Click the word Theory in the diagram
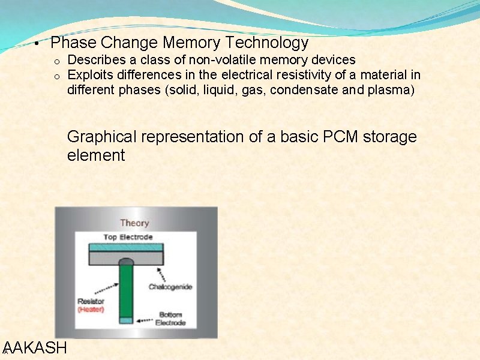134,223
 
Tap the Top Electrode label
128,237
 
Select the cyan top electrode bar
126,247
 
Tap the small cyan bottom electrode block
126,320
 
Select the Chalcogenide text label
170,287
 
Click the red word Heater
91,309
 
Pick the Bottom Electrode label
171,318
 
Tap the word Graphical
101,137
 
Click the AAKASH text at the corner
35,348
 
